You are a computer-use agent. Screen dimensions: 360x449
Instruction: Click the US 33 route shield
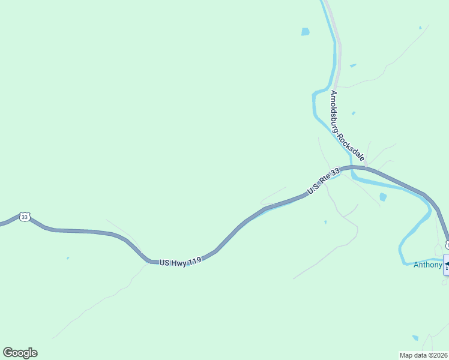tap(24, 217)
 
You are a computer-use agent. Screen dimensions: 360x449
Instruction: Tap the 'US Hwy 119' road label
tap(180, 262)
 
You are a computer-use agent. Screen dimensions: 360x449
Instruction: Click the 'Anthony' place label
tap(427, 264)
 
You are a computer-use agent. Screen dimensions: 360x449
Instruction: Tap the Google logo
tap(20, 353)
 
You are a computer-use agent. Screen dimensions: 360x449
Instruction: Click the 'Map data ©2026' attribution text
tap(424, 355)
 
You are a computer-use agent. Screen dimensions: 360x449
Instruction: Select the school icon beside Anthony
tap(446, 265)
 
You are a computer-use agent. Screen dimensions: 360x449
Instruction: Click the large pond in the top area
tap(306, 32)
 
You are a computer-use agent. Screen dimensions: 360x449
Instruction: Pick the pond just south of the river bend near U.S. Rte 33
tap(383, 197)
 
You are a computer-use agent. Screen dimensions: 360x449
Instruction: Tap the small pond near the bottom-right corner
tap(415, 338)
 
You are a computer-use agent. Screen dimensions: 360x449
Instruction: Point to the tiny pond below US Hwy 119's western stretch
tap(68, 258)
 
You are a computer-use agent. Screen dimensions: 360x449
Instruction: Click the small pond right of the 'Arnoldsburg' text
tap(353, 113)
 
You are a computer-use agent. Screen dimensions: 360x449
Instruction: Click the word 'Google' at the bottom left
tap(20, 353)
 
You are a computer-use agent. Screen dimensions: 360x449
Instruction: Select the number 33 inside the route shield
tap(24, 217)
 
